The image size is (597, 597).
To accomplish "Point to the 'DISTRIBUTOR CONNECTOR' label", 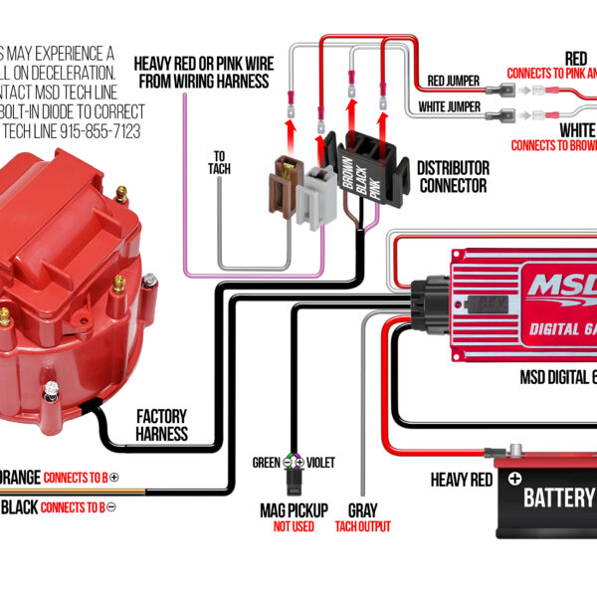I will (452, 176).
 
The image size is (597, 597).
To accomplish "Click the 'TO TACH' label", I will (219, 162).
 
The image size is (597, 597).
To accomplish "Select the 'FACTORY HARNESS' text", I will (161, 425).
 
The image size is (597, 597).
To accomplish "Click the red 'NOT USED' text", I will (294, 526).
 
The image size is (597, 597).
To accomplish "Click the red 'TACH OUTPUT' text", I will (362, 526).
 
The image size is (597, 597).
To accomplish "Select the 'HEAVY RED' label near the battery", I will (461, 480).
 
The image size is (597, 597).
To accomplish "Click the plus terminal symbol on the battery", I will (514, 478).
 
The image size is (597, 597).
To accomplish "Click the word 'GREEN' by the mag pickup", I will (266, 463).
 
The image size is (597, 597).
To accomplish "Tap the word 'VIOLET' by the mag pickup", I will (319, 463).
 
